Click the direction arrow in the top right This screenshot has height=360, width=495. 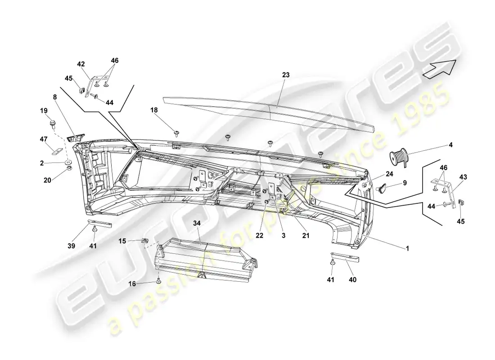(439, 68)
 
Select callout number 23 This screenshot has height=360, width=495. (286, 76)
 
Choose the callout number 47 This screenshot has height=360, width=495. (44, 140)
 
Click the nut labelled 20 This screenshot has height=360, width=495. (70, 168)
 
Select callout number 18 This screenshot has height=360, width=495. (154, 109)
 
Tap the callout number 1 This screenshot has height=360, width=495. (408, 248)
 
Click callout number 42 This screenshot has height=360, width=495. (81, 64)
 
